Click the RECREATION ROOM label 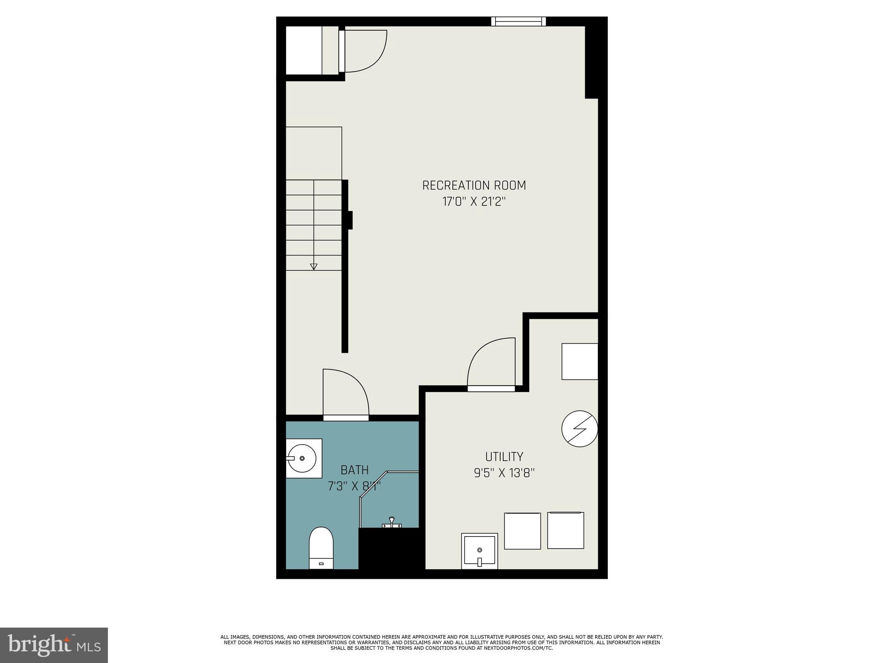coord(474,186)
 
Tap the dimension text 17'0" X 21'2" coord(474,202)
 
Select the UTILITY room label coord(504,457)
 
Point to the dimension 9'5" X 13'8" coord(504,473)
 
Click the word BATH coord(355,470)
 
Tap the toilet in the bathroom coord(321,547)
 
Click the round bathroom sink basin coord(302,458)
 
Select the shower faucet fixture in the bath coord(391,522)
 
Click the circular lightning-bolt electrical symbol coord(580,429)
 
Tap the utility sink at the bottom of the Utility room coord(480,551)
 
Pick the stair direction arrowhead coord(314,267)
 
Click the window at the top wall coord(518,21)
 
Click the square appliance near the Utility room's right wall coord(580,361)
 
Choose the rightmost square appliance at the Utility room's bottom coord(565,530)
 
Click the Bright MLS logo coord(54,645)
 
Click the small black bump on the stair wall coord(350,220)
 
